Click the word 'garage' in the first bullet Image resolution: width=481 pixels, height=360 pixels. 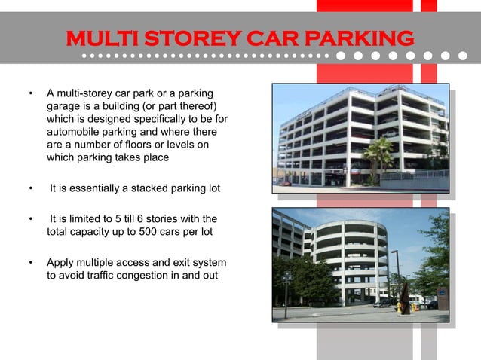(64, 106)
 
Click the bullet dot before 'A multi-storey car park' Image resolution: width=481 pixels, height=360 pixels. (31, 94)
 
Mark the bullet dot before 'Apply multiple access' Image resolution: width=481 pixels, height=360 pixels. (31, 263)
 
